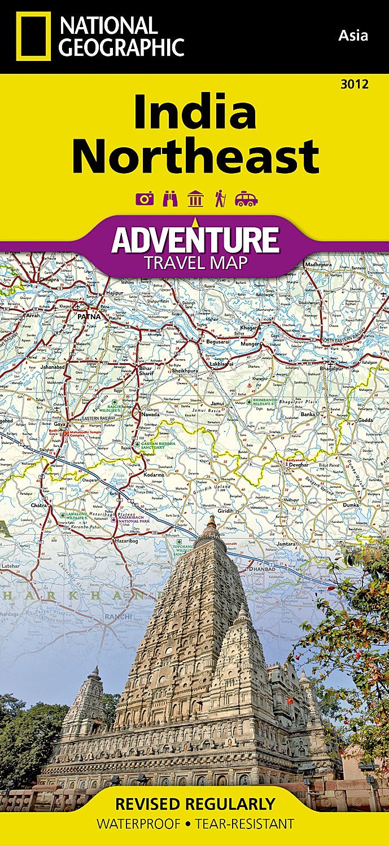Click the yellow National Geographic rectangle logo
33,36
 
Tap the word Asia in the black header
353,36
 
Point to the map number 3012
355,85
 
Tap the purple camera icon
144,199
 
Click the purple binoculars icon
170,199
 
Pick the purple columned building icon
195,199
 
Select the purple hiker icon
220,199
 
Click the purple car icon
246,199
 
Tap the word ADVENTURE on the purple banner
195,240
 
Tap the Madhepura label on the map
318,264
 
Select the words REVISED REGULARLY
195,804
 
